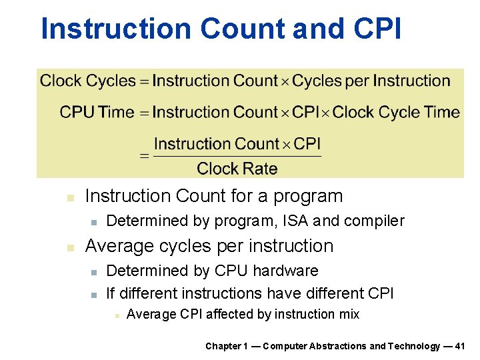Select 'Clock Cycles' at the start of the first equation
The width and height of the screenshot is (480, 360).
88,81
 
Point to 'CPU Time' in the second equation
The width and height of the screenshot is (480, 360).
97,112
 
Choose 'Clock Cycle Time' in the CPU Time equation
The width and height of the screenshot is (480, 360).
396,112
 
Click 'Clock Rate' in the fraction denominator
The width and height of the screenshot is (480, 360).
237,169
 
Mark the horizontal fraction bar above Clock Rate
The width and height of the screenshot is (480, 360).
237,157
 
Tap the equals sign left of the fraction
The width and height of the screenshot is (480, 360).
144,157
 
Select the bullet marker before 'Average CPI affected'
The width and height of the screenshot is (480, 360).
116,315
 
